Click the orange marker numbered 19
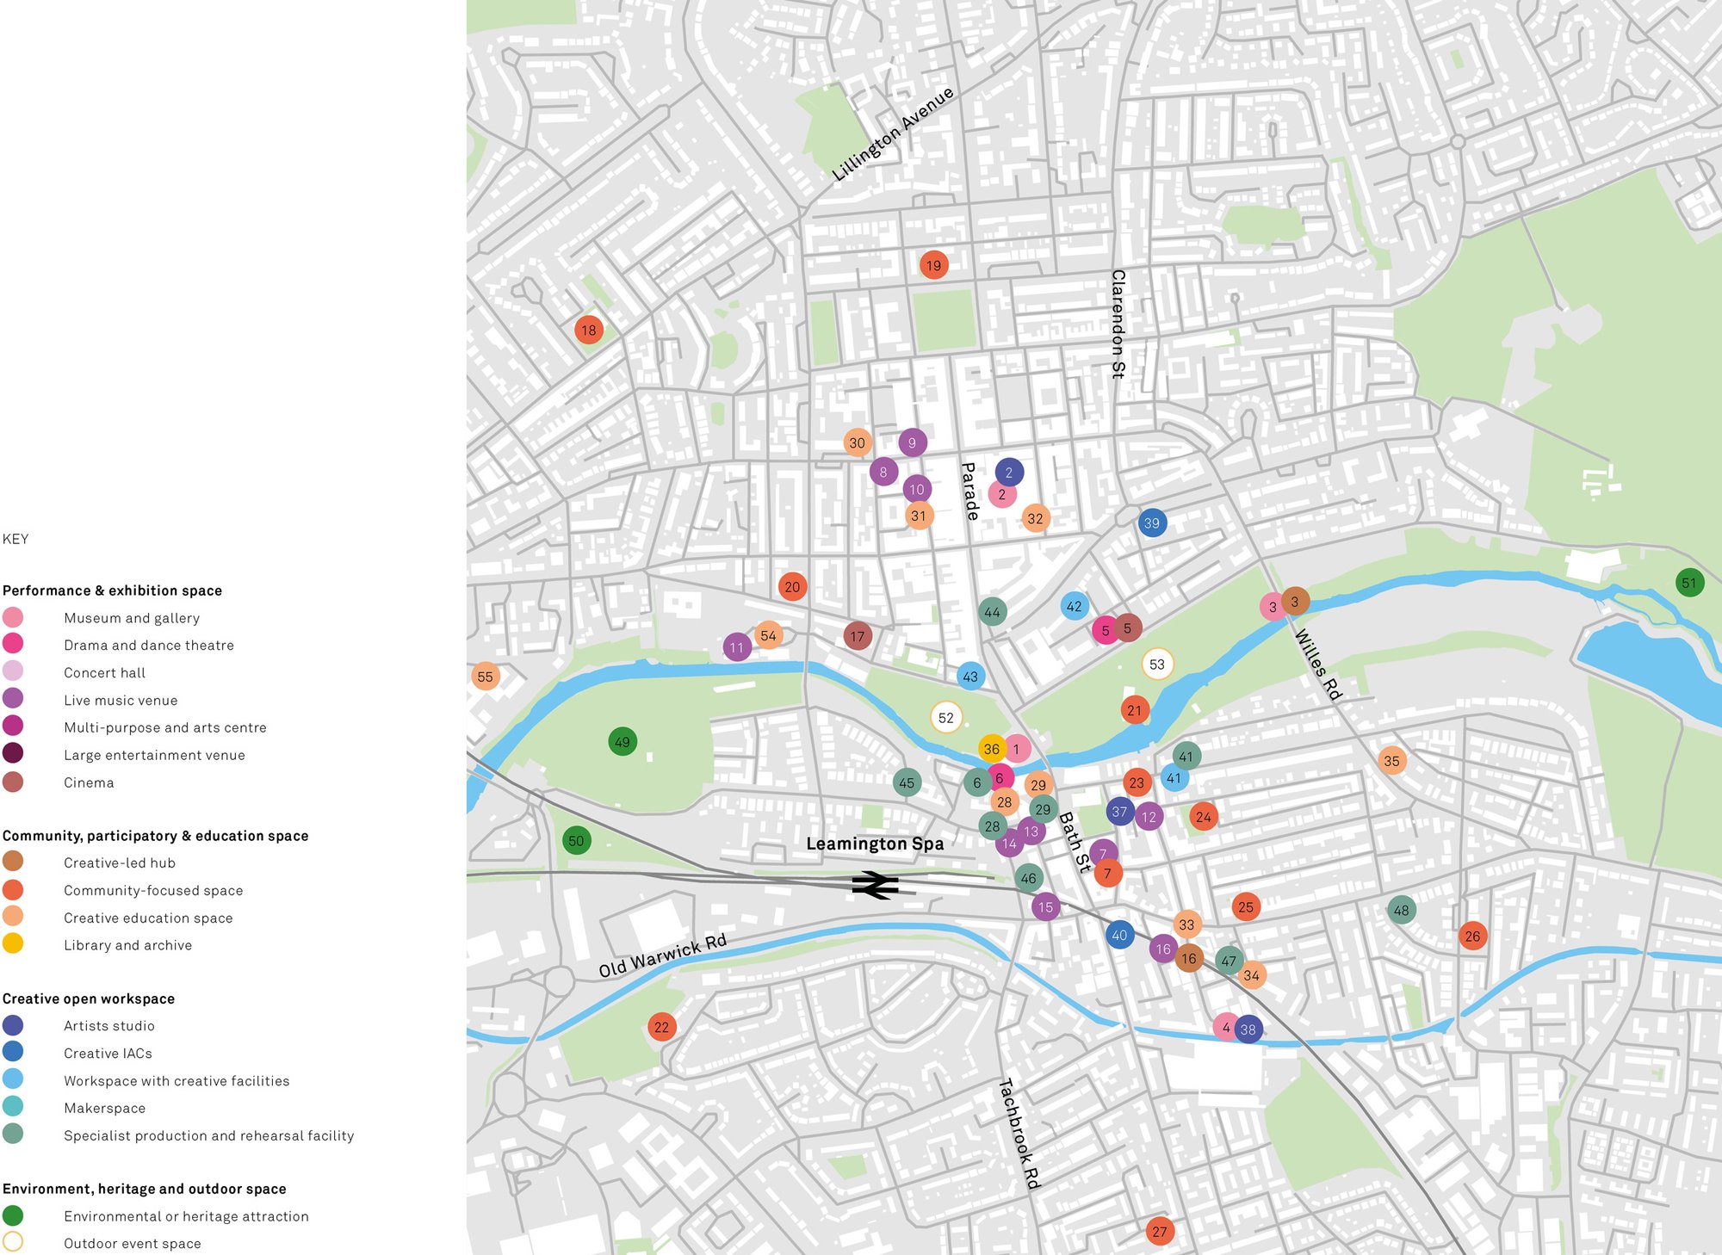[933, 265]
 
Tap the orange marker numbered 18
[589, 330]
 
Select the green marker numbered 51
[1689, 583]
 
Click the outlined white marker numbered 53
[1157, 665]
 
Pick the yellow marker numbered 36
[992, 749]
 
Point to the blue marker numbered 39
[1152, 522]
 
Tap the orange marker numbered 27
[1160, 1232]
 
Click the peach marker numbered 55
[486, 677]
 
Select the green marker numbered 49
[623, 742]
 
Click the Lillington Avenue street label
[893, 133]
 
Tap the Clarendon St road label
[1118, 324]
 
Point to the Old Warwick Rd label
[662, 955]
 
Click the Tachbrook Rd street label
[1019, 1134]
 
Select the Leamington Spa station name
[875, 844]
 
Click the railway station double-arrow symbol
[875, 885]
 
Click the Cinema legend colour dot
[13, 782]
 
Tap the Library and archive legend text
[127, 945]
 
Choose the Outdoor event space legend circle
[13, 1242]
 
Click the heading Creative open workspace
[89, 998]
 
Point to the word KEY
[15, 539]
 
